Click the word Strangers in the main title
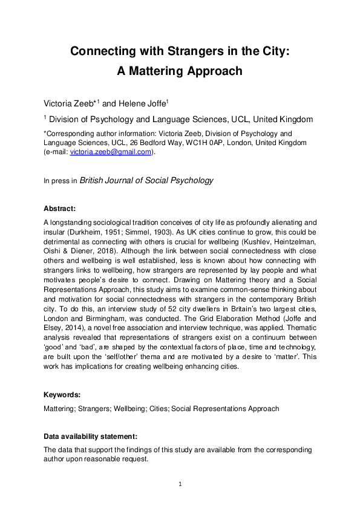point(182,51)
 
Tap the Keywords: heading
point(62,395)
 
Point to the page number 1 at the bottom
point(180,484)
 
